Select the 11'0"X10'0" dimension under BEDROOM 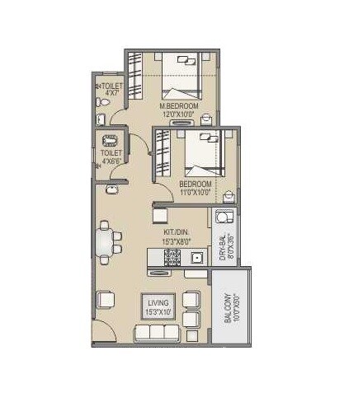point(196,192)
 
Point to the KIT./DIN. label point(178,233)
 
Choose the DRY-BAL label point(220,246)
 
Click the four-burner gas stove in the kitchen point(172,258)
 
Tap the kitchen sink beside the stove point(198,258)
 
